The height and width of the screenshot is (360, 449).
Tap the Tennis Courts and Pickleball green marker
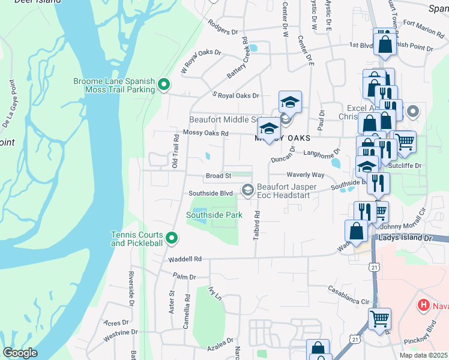(x=172, y=239)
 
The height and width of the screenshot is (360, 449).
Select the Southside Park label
(x=214, y=215)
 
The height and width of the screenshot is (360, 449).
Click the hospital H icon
(x=424, y=305)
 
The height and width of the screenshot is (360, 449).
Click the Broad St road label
(x=218, y=176)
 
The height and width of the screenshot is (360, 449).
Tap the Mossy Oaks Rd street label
(x=206, y=133)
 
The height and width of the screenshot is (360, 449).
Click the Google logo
(x=20, y=353)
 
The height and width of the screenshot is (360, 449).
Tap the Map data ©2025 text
(x=424, y=355)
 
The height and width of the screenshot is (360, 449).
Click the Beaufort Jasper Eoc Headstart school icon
(x=247, y=190)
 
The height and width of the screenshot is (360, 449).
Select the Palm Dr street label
(x=184, y=277)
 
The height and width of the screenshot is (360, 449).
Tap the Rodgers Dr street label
(x=223, y=26)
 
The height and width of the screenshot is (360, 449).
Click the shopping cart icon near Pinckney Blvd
(x=379, y=319)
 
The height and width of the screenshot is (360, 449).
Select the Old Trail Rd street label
(x=176, y=151)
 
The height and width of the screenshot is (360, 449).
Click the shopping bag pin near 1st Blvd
(x=384, y=44)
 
